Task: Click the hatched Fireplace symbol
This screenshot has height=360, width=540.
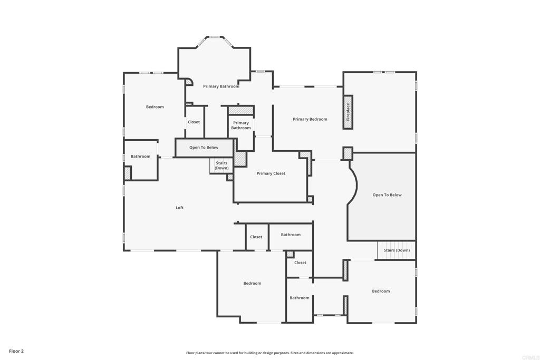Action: tap(348, 112)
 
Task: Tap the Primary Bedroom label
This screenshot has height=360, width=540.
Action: tap(310, 119)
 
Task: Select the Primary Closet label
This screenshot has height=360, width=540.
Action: tap(271, 173)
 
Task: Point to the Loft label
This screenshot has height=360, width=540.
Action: tap(180, 208)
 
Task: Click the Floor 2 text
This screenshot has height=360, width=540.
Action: tap(16, 351)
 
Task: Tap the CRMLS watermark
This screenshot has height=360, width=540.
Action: tap(529, 357)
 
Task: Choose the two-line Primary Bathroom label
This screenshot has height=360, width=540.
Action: tap(241, 125)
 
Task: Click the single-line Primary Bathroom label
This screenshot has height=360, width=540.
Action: tap(221, 86)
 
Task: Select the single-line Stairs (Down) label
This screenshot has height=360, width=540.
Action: tap(397, 250)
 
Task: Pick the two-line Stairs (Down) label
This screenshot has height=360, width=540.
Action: tap(221, 166)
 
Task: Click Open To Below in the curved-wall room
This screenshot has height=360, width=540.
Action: tap(387, 195)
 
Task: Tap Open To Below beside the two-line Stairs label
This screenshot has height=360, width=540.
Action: tap(204, 148)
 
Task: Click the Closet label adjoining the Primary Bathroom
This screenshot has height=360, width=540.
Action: tap(194, 122)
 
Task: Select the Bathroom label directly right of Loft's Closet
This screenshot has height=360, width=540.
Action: tap(291, 235)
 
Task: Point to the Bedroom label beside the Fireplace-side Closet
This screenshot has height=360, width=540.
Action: tap(155, 107)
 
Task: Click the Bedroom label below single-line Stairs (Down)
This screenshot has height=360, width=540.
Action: tap(381, 291)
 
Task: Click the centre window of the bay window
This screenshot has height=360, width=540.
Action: tap(215, 37)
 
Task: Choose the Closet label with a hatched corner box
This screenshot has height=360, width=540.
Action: tap(300, 262)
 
